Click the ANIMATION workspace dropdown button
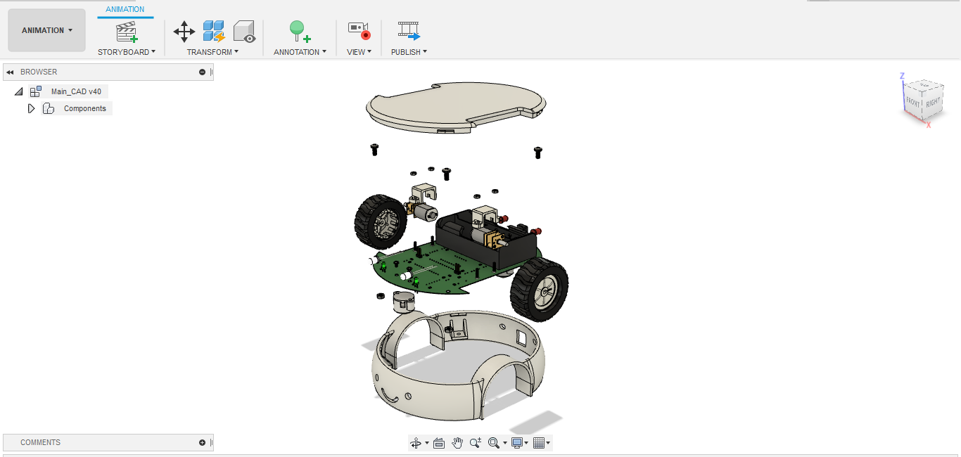(x=46, y=30)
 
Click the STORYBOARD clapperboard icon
(x=127, y=32)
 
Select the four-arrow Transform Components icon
(x=184, y=31)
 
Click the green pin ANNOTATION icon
(x=299, y=31)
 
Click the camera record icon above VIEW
(x=359, y=30)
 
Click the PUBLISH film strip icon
(x=409, y=30)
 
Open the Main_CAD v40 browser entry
(x=75, y=91)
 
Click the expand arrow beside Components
(x=31, y=108)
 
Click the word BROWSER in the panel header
(x=39, y=72)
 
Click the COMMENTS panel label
(x=40, y=442)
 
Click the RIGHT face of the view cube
(x=933, y=103)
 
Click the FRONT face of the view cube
(x=913, y=101)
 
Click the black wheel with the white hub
(x=540, y=290)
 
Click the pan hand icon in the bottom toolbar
(x=457, y=442)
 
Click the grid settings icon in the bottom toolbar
(x=540, y=442)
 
